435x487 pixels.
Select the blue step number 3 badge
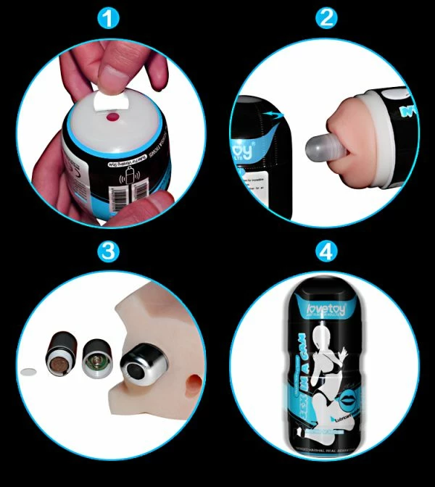pos(109,251)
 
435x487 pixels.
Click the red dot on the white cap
pos(112,117)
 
